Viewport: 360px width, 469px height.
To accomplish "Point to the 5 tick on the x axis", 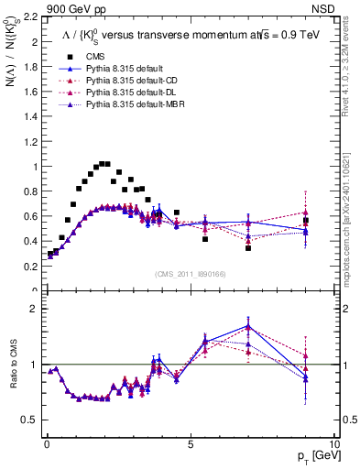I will coord(191,445).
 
